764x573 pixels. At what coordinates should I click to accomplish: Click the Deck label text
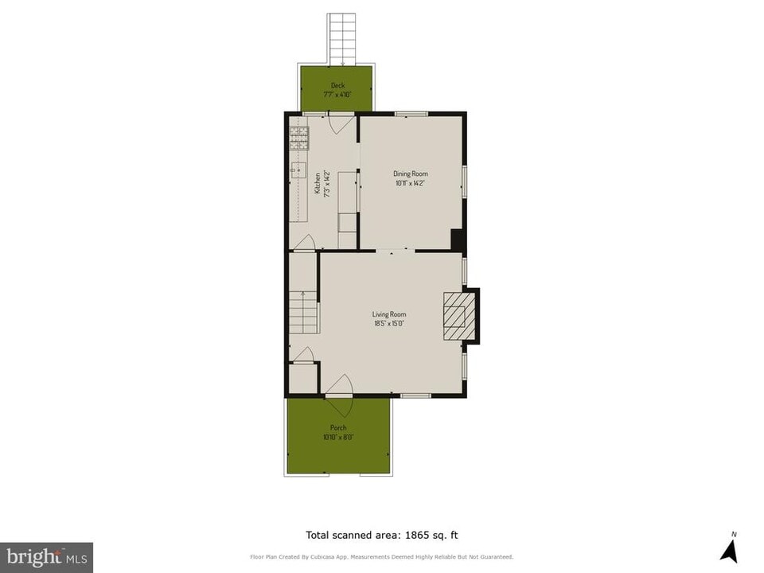(337, 85)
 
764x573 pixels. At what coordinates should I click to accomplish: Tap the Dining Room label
(411, 173)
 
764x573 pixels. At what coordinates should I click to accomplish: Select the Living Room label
(389, 314)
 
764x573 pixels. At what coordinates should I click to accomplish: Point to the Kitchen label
(317, 184)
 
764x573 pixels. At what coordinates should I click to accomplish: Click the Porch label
(338, 427)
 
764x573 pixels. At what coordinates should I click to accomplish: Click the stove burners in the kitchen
(298, 138)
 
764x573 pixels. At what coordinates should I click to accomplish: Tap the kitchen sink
(297, 170)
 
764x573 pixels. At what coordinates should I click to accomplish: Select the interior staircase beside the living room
(303, 313)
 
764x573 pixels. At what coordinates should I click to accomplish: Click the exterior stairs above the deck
(343, 38)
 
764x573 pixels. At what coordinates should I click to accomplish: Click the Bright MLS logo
(46, 556)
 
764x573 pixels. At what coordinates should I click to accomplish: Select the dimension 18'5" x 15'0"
(389, 324)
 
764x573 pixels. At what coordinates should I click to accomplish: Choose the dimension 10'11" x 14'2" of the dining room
(411, 183)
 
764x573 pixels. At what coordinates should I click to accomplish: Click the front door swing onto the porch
(341, 398)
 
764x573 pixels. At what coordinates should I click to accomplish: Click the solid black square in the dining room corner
(458, 240)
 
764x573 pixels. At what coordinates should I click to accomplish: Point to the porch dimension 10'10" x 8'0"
(338, 437)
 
